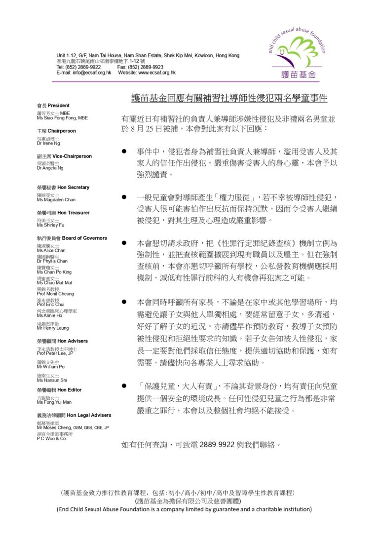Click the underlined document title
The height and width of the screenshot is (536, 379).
point(226,98)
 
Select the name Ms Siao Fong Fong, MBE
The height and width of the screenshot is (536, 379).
point(62,118)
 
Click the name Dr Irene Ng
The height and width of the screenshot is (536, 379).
point(48,144)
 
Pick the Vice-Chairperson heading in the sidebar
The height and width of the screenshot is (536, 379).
point(64,156)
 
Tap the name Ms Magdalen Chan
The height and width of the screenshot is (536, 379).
point(56,200)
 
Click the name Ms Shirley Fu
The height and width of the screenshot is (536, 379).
point(50,225)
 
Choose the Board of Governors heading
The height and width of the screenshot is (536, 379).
point(72,238)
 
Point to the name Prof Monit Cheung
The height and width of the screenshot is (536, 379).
point(55,294)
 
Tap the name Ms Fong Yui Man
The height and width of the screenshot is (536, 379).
point(54,402)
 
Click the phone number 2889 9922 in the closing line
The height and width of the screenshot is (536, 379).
point(217,445)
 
